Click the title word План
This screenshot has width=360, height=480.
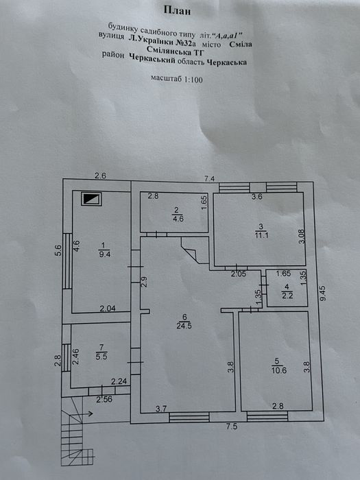click(177, 11)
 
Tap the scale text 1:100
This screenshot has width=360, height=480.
click(193, 80)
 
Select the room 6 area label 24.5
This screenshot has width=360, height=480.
click(184, 326)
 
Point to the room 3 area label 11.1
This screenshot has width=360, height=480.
click(261, 235)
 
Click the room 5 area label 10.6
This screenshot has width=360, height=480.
click(277, 370)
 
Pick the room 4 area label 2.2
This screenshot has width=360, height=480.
click(287, 295)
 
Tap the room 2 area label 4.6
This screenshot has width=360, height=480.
click(178, 219)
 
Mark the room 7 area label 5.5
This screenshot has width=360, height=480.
click(101, 357)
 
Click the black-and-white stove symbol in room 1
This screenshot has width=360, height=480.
click(91, 199)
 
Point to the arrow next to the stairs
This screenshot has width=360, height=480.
click(88, 414)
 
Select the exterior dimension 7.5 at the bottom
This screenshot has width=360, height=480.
click(232, 427)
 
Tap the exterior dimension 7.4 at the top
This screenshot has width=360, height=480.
click(209, 178)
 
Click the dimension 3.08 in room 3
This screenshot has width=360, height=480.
click(302, 237)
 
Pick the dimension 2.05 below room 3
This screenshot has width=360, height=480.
click(239, 274)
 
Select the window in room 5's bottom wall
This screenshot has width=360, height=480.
click(267, 417)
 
